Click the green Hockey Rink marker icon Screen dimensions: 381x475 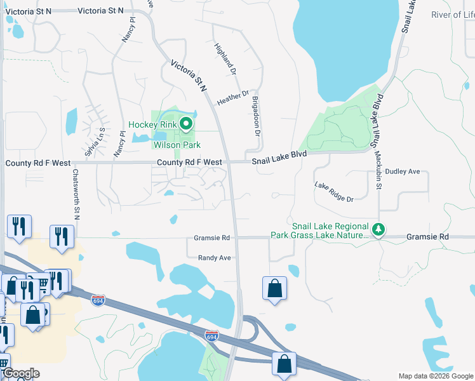186,124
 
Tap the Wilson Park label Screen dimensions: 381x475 177,145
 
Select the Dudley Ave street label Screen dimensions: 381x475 403,171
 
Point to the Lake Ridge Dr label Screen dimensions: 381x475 333,192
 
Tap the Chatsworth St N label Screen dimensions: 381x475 76,194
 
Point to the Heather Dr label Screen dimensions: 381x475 232,98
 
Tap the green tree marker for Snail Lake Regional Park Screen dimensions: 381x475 379,230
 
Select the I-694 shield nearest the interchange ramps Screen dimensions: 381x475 212,335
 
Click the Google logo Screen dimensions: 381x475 20,373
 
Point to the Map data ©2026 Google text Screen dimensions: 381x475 436,376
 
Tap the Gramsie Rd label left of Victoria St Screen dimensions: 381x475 212,238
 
